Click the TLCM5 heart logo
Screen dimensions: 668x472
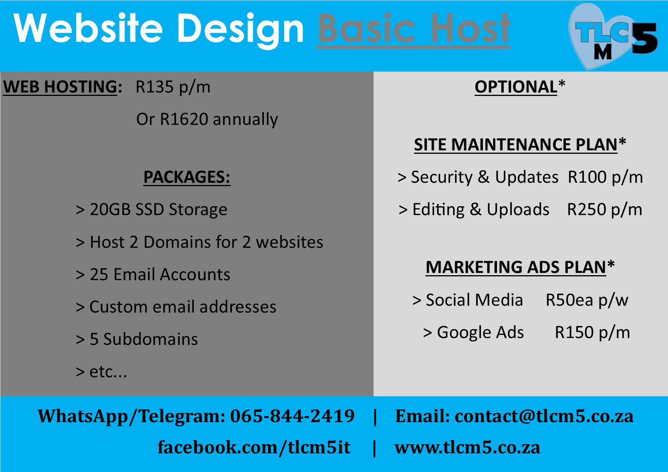coord(613,37)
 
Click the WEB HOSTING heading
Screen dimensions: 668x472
coord(62,87)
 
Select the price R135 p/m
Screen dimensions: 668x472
coord(173,87)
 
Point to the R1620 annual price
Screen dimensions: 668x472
coord(207,119)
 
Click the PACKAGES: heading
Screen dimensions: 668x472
coord(187,177)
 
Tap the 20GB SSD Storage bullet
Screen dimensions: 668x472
coord(152,210)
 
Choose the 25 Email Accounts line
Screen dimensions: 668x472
coord(153,274)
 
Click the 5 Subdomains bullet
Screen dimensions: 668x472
coord(137,339)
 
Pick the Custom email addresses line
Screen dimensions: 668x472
coord(176,307)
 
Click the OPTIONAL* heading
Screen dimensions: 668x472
coord(520,87)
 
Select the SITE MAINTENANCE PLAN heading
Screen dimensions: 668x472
coord(520,145)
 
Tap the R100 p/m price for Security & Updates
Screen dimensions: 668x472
coord(606,177)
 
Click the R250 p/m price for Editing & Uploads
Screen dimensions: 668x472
coord(605,210)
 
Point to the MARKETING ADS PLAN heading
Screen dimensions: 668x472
coord(520,267)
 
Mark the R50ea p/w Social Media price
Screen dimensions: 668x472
coord(587,300)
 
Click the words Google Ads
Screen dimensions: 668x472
coord(481,333)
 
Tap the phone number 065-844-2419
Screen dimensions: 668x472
coord(292,416)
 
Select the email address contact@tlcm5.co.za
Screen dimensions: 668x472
coord(544,416)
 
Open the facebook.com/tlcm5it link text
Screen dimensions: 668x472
coord(254,447)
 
